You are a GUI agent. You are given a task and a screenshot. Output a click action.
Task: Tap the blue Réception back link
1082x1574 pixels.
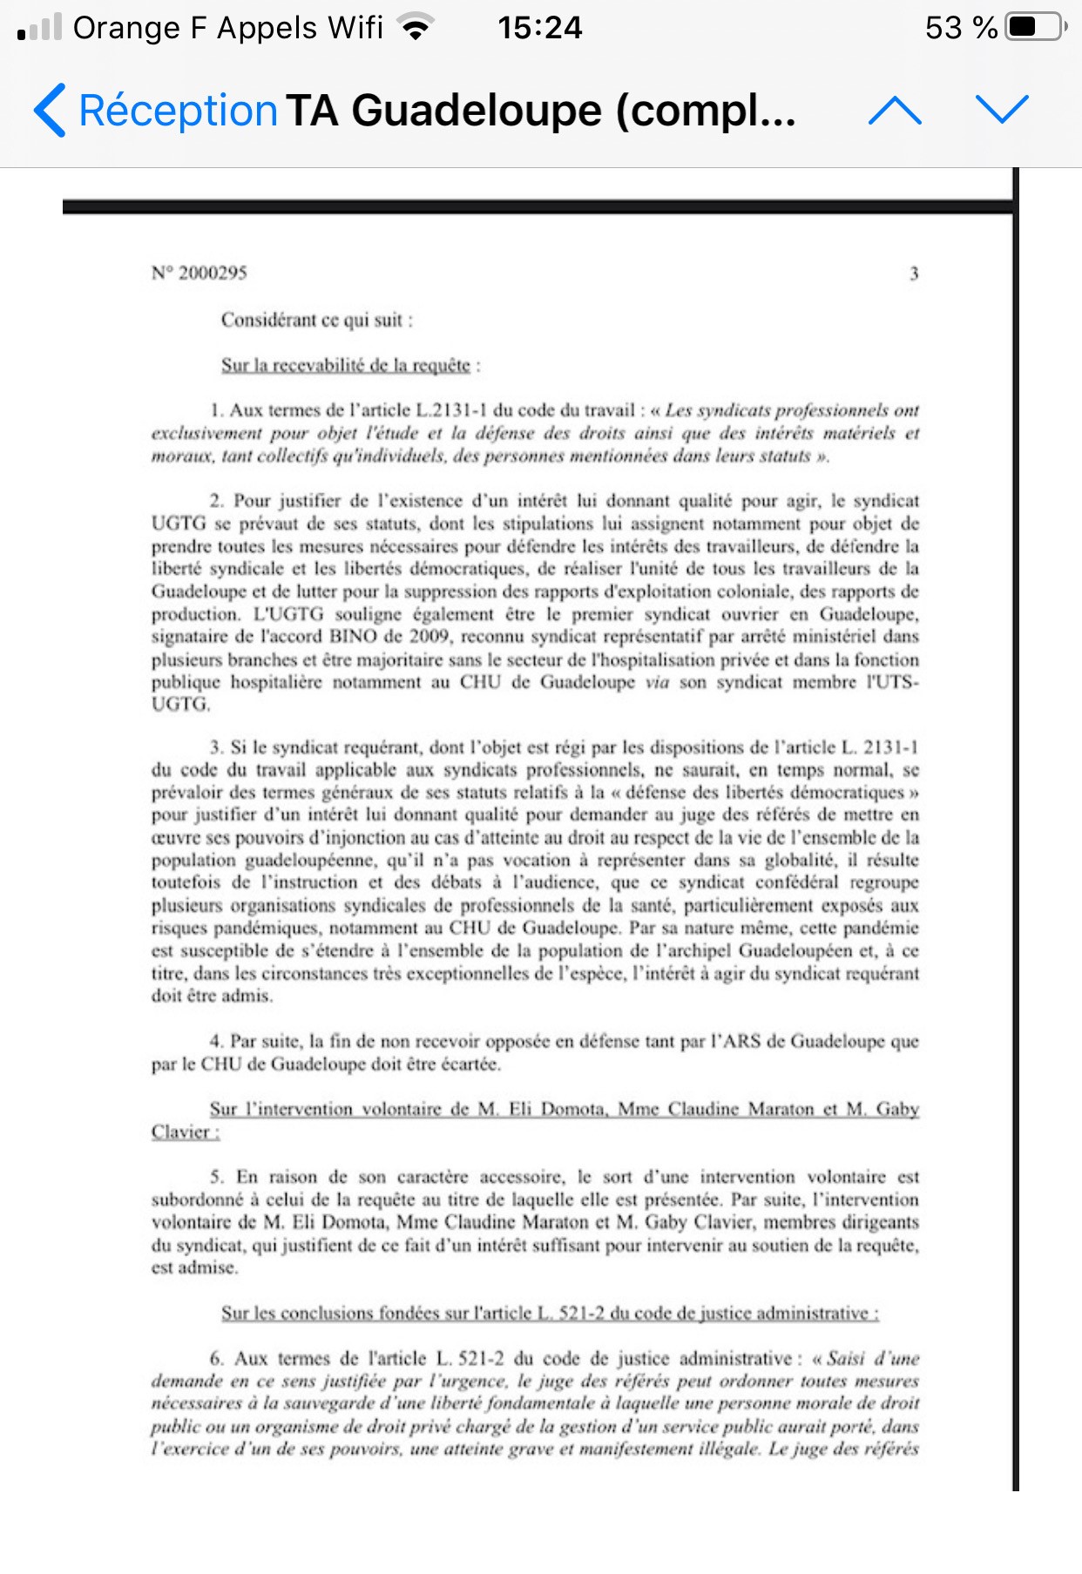pos(157,111)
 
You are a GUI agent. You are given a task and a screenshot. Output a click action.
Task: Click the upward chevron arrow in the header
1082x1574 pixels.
pos(895,111)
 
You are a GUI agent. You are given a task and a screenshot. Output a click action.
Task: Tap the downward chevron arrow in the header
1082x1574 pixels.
pos(1002,109)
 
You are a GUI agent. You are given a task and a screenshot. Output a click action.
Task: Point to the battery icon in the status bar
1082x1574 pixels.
pos(1035,27)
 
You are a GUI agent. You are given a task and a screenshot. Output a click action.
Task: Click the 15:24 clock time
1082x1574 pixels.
pos(539,28)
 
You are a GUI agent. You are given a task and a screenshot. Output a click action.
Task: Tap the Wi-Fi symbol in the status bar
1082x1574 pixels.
pos(416,28)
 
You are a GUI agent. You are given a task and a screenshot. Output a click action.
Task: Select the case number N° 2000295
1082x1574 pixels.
pos(199,273)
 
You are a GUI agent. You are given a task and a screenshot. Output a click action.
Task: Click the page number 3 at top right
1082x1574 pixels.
pos(914,274)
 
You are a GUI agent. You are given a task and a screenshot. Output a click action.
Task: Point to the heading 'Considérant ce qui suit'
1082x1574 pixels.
pos(316,320)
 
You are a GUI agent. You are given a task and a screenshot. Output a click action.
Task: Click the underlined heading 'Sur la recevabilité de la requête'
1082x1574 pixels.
pos(346,365)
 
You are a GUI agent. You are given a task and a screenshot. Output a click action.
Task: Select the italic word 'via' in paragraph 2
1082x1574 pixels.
pos(657,682)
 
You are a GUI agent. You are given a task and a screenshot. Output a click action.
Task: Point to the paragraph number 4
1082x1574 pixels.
pos(216,1041)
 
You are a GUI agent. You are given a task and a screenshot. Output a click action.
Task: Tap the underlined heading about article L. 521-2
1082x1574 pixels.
pos(550,1313)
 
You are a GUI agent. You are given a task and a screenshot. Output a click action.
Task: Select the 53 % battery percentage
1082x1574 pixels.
pos(961,28)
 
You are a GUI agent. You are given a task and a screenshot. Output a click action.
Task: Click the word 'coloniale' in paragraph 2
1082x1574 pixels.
pos(754,591)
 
